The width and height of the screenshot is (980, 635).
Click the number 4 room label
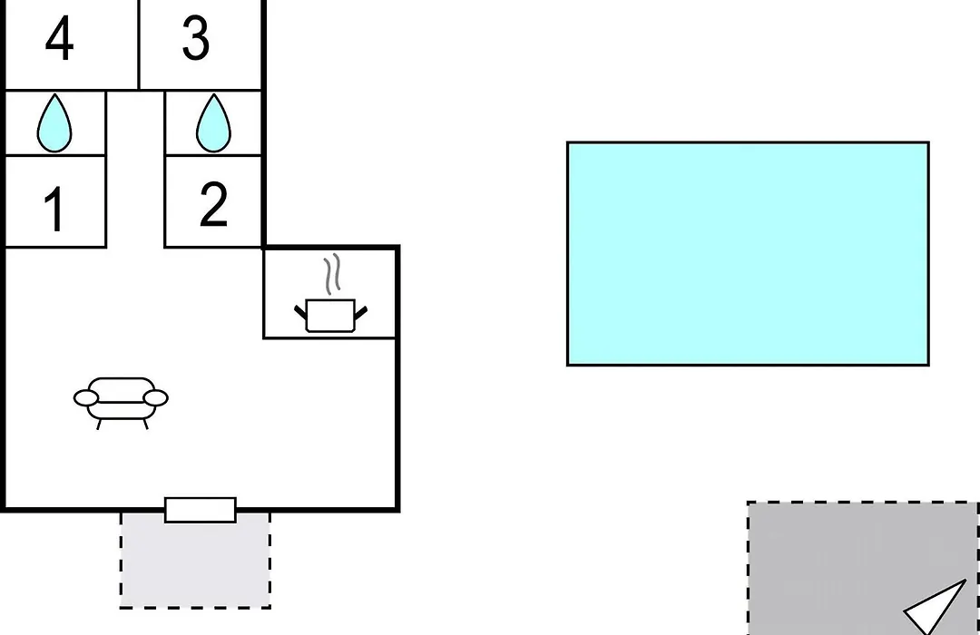59,39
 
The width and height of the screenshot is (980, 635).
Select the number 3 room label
196,39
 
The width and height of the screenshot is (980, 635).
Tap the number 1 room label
55,209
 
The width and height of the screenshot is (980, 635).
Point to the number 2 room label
213,204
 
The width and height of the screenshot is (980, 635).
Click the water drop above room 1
54,123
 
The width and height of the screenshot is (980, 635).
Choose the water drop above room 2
214,123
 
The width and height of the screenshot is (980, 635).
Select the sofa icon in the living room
122,403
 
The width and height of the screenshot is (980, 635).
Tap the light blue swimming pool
748,254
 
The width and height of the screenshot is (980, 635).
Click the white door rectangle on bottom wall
201,510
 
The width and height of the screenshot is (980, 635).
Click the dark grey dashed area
863,568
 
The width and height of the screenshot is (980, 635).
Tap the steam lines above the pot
332,274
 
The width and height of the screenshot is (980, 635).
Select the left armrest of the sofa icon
86,398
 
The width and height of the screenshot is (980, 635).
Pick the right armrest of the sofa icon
156,398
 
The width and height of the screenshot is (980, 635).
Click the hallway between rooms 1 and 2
135,169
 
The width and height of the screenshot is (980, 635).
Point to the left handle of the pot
300,311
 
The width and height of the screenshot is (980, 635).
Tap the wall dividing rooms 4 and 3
139,45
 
